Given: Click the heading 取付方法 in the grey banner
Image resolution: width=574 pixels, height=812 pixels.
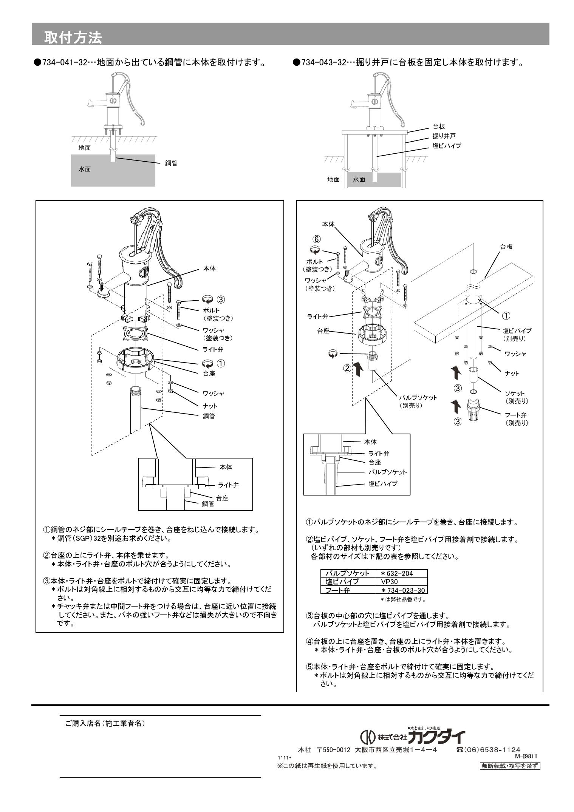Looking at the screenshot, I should (x=73, y=37).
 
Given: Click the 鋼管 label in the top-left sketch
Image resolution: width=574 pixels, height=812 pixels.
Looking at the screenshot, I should (x=171, y=163).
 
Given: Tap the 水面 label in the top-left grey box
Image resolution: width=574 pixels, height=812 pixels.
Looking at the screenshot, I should (x=84, y=169).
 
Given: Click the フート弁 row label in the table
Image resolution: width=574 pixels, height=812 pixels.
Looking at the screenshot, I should (x=337, y=590).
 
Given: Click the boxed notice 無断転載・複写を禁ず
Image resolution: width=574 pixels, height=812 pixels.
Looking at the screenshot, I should (x=509, y=766).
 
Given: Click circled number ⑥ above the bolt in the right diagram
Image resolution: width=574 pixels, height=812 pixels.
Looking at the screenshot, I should (x=317, y=239).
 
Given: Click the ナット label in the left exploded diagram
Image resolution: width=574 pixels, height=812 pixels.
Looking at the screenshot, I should (x=210, y=406).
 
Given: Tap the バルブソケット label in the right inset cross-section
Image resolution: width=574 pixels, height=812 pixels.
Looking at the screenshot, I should (x=387, y=472).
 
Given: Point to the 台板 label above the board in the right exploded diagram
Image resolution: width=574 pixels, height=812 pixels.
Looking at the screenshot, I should (x=506, y=247).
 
